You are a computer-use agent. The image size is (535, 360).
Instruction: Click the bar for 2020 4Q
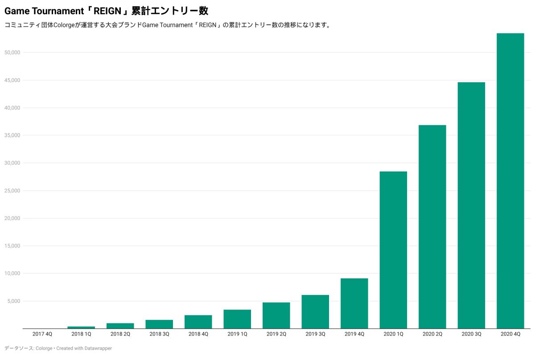pos(510,181)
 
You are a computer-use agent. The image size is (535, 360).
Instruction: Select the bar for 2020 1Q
pos(393,250)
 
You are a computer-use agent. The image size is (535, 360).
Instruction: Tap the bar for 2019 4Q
pos(354,303)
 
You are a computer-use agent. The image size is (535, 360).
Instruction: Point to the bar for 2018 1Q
pos(81,327)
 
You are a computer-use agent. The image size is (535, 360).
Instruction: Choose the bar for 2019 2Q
pos(276,315)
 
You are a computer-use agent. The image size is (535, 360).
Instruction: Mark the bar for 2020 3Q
pos(471,205)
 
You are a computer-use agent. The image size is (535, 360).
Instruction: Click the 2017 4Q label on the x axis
pos(42,334)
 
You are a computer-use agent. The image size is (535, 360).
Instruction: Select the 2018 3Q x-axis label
pos(159,334)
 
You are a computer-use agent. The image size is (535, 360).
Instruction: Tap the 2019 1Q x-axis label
pos(237,334)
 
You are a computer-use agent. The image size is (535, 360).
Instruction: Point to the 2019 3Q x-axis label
pos(315,334)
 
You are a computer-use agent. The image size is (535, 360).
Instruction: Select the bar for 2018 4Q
pos(198,322)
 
